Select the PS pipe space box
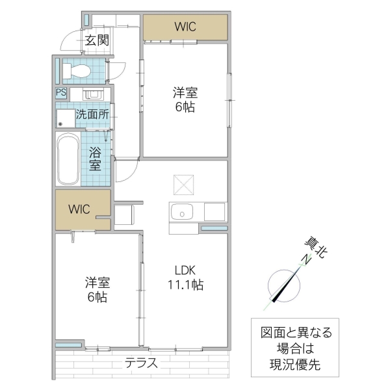[x=61, y=92]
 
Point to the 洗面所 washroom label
[x=92, y=114]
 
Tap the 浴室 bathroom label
[x=95, y=160]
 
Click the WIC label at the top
[x=185, y=27]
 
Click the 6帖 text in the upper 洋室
[x=185, y=107]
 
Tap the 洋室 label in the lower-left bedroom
[x=97, y=283]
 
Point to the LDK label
[x=185, y=270]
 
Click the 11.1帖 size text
[x=185, y=285]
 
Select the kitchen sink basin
[x=182, y=212]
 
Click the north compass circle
[x=283, y=285]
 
